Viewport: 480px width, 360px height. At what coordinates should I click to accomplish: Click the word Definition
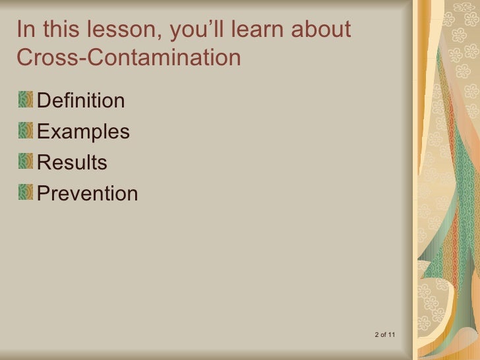click(81, 101)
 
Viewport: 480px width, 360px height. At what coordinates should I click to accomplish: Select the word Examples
click(84, 132)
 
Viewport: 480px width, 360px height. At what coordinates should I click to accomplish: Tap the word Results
click(73, 162)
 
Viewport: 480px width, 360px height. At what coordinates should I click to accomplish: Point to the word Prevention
click(88, 193)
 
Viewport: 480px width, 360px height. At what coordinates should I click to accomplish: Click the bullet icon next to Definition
click(25, 100)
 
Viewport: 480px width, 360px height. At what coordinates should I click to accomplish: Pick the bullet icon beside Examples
click(25, 131)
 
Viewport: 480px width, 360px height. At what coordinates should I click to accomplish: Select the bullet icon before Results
click(25, 162)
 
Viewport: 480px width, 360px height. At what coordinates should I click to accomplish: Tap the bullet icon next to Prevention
click(25, 193)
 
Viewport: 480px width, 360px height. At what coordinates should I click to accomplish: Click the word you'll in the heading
click(193, 30)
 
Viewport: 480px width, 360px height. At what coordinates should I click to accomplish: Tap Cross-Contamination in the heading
click(129, 58)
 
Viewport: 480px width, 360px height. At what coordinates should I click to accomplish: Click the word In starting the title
click(24, 30)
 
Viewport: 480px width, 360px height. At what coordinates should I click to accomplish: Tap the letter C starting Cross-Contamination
click(25, 58)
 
